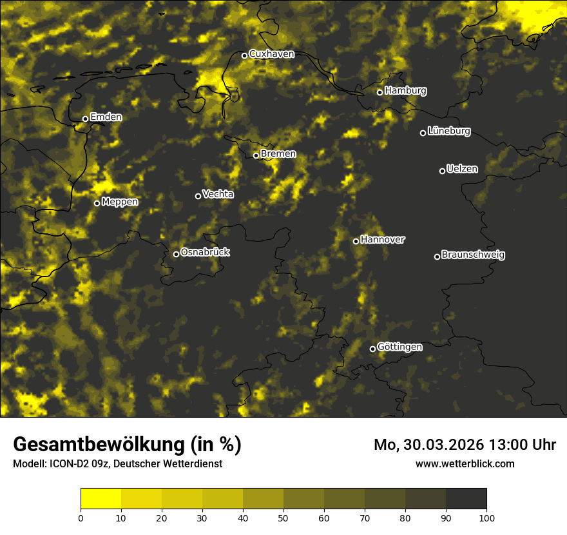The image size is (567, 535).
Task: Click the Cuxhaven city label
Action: click(x=271, y=54)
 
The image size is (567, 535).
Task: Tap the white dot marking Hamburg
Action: click(x=380, y=92)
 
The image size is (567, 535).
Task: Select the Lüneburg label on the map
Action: click(x=448, y=131)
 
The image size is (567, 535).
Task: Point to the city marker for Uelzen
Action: click(x=442, y=171)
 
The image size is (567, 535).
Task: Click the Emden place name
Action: click(x=106, y=117)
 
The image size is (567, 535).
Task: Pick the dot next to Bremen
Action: click(x=256, y=155)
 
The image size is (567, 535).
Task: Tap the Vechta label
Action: click(x=218, y=194)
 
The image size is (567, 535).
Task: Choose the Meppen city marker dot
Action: click(x=97, y=203)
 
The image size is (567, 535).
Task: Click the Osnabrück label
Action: click(x=205, y=253)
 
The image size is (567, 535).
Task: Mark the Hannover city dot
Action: click(x=356, y=241)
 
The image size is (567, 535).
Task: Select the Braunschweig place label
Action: click(x=473, y=255)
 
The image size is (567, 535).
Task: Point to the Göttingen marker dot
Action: click(x=372, y=349)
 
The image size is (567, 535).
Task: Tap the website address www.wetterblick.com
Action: click(x=465, y=463)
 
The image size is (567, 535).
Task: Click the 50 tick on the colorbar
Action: click(x=283, y=517)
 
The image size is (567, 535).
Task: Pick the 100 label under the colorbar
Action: click(x=486, y=517)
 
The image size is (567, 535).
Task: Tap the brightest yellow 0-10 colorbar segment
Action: click(x=101, y=498)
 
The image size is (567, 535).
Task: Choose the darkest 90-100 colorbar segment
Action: click(x=466, y=498)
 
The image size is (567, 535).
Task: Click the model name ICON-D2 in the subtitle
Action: click(x=67, y=464)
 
